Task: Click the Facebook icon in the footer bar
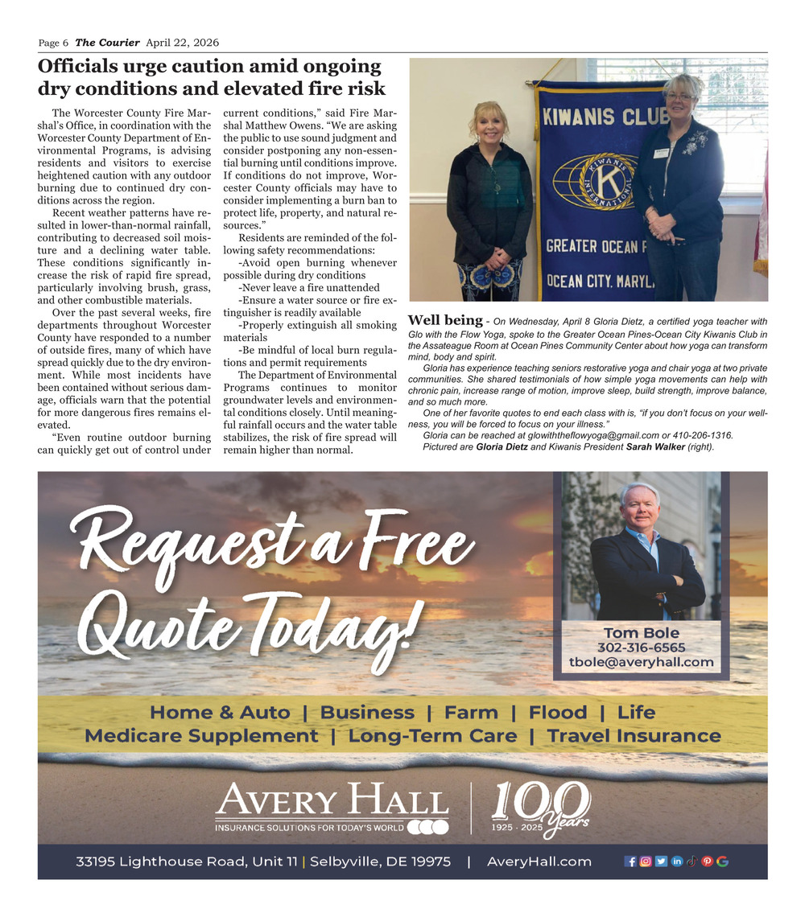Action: coord(630,861)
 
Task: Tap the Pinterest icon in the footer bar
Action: coord(708,861)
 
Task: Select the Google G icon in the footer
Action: coord(722,861)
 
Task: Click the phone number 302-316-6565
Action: coord(642,648)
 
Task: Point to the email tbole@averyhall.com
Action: coord(642,662)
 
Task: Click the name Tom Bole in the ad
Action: coord(642,633)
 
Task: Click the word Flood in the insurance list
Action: coord(558,713)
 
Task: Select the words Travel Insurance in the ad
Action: coord(634,736)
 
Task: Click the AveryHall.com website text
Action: coord(539,861)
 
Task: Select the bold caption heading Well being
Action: coord(445,321)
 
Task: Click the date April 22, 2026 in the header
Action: coord(183,42)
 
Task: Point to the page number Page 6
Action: coord(53,42)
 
